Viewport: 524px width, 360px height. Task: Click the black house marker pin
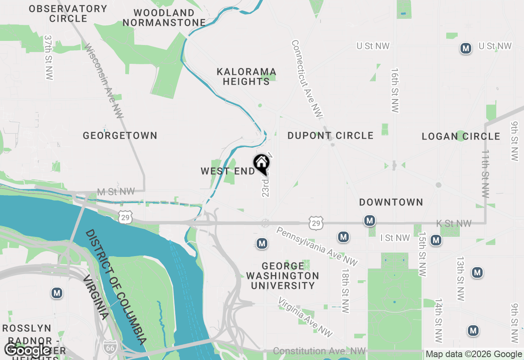[261, 164]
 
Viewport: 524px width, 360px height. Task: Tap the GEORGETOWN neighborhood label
[120, 135]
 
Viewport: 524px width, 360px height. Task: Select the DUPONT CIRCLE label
[330, 135]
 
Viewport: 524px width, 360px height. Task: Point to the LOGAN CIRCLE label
[461, 136]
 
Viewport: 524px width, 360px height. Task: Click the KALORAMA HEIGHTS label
[246, 77]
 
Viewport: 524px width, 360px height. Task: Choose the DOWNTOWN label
[391, 202]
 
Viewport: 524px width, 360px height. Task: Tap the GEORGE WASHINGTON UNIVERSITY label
[282, 276]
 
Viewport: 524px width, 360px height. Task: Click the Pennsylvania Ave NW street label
[317, 246]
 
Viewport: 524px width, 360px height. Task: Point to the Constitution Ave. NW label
[319, 351]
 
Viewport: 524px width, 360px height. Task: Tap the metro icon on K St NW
[370, 221]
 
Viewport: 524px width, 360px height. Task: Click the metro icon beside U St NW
[465, 48]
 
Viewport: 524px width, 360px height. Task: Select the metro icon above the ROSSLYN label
[57, 293]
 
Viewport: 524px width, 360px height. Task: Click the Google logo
[27, 350]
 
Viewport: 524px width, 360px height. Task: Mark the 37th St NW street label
[49, 57]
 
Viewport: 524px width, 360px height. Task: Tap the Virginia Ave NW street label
[305, 317]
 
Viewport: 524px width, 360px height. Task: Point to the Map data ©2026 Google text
[474, 354]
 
